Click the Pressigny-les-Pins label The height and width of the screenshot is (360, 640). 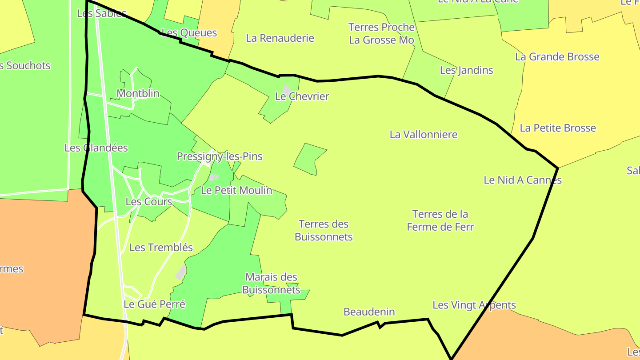pyautogui.click(x=220, y=156)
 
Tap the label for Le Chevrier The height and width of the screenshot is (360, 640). pyautogui.click(x=302, y=96)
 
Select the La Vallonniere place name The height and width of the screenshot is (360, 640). pyautogui.click(x=424, y=134)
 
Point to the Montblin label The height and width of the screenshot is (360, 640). pyautogui.click(x=138, y=94)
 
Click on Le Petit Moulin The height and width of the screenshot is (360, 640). pyautogui.click(x=236, y=190)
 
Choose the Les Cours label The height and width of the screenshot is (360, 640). pyautogui.click(x=149, y=202)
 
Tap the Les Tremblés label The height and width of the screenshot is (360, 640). pyautogui.click(x=161, y=248)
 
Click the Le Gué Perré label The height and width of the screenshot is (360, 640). pyautogui.click(x=154, y=304)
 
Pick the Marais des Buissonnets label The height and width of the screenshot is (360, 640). pyautogui.click(x=271, y=284)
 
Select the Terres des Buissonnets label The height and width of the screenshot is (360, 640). pyautogui.click(x=324, y=230)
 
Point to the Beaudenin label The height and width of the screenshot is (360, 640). pyautogui.click(x=369, y=312)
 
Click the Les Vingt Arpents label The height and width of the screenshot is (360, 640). pyautogui.click(x=474, y=305)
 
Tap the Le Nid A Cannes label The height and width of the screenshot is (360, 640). pyautogui.click(x=523, y=180)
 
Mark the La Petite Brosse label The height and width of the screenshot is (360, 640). pyautogui.click(x=558, y=128)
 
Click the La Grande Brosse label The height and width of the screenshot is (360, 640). pyautogui.click(x=557, y=57)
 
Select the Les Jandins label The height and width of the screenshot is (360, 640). pyautogui.click(x=467, y=70)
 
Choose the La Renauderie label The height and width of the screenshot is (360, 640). pyautogui.click(x=280, y=38)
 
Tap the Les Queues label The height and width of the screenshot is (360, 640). pyautogui.click(x=189, y=32)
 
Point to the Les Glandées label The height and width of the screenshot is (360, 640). pyautogui.click(x=96, y=148)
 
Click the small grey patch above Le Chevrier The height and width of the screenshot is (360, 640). pyautogui.click(x=287, y=89)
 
